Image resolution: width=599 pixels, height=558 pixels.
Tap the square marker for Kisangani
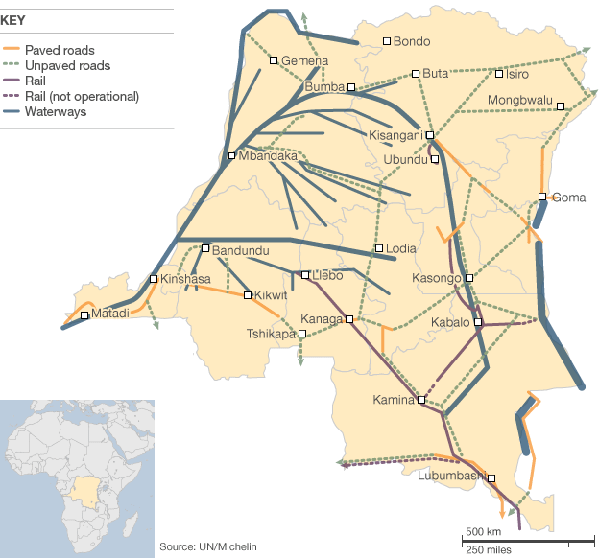tap(430, 135)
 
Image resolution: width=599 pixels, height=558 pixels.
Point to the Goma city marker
tap(542, 198)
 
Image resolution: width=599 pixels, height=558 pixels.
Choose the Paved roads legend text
tap(60, 50)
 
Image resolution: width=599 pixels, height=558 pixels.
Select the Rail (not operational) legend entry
tap(82, 97)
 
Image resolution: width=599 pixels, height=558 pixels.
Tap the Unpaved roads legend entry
tap(67, 65)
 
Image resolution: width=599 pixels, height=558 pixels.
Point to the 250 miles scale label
tap(488, 549)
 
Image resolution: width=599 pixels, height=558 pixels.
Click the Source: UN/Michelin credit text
tap(208, 546)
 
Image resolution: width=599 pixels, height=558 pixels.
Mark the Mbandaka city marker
tap(231, 155)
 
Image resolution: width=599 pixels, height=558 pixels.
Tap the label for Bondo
tap(412, 41)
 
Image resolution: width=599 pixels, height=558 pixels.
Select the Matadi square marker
tap(85, 314)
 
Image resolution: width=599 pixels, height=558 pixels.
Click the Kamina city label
tap(392, 399)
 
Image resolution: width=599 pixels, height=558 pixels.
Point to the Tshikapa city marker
tap(302, 334)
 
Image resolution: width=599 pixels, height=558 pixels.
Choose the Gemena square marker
tap(274, 60)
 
